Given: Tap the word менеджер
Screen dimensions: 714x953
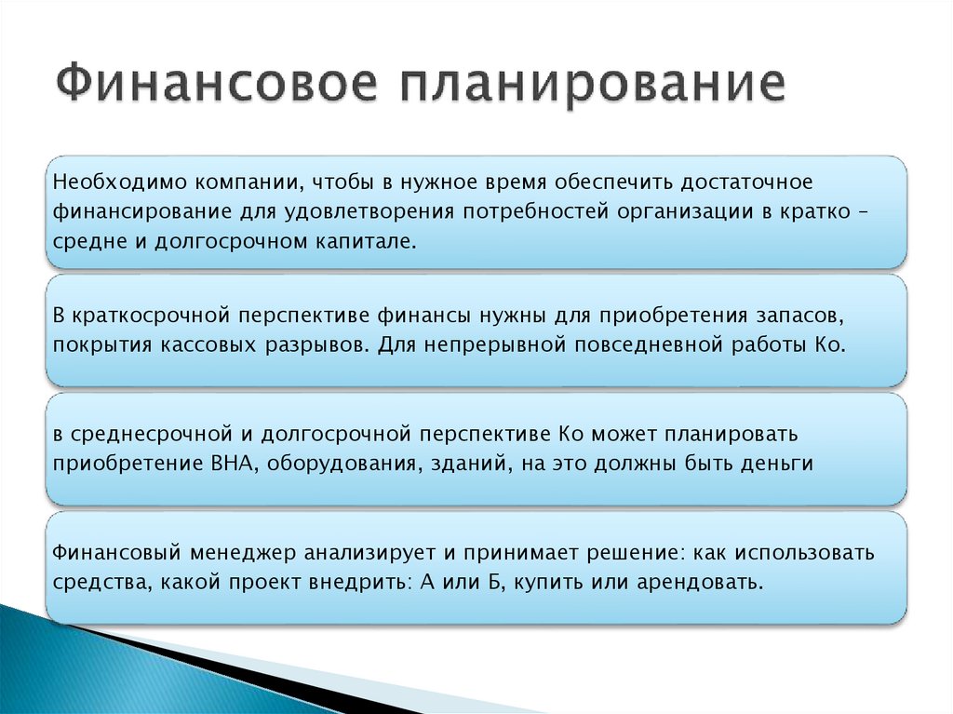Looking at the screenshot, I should (237, 553).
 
